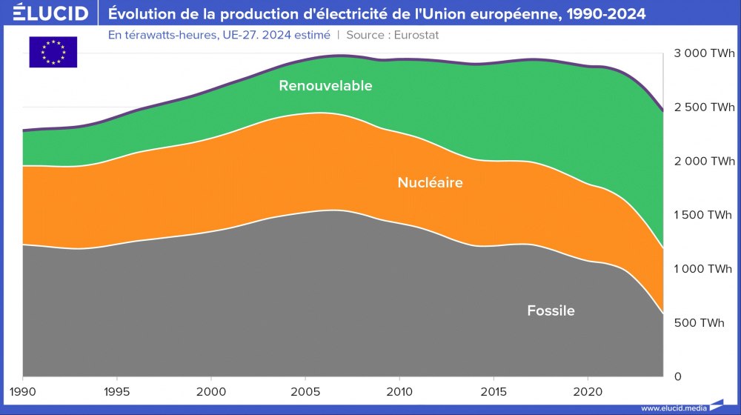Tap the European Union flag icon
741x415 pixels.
[53, 52]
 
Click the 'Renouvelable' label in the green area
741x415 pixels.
[325, 86]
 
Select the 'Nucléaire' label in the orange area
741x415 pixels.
[430, 182]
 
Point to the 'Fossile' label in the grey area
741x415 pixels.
[551, 311]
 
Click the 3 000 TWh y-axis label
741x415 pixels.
[704, 53]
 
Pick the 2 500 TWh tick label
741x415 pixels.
[704, 107]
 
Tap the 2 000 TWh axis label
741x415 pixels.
[704, 162]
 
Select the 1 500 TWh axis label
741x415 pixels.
[704, 215]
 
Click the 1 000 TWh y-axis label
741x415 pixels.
[704, 269]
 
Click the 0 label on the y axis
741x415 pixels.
[677, 376]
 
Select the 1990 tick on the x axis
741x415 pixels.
[23, 390]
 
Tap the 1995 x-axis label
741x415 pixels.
[117, 390]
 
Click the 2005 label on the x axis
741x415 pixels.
[305, 390]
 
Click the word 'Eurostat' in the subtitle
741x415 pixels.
[422, 35]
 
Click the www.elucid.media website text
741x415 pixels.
[673, 408]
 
